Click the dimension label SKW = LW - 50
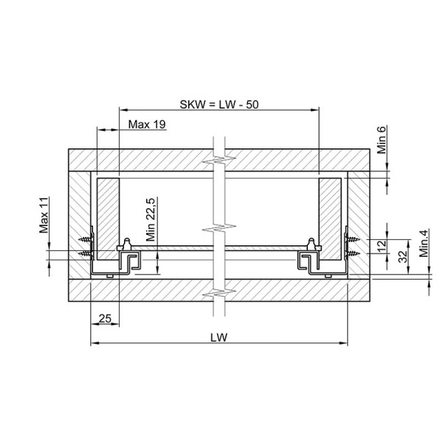(219, 105)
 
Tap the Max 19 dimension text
(147, 124)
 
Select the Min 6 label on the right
(382, 140)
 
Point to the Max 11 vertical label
(44, 216)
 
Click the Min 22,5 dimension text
(151, 219)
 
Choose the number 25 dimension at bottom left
(105, 319)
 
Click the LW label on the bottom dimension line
(219, 337)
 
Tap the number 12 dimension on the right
(382, 247)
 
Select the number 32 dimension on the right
(403, 256)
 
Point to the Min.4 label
(424, 243)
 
